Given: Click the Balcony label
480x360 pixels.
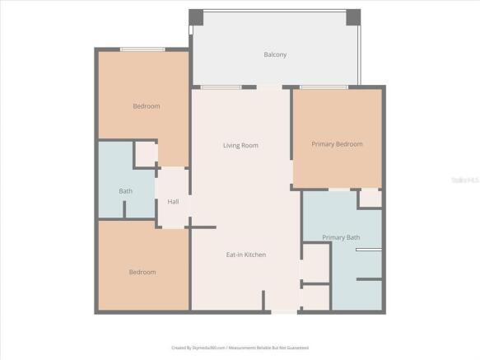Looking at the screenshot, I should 275,55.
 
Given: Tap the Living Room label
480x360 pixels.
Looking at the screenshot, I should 240,145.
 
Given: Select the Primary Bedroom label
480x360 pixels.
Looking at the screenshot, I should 337,144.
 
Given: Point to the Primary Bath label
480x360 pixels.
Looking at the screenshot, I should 341,237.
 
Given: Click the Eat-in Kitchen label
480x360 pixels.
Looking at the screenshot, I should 246,255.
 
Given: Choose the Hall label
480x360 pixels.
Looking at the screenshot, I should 173,202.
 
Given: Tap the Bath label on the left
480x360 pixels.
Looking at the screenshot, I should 125,191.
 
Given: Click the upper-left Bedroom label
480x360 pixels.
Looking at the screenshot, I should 147,106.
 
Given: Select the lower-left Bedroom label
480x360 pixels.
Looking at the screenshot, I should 142,272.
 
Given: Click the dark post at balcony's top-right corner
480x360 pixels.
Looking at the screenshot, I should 352,17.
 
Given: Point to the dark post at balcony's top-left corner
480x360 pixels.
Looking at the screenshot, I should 196,17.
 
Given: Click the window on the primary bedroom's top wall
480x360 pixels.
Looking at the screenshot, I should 324,86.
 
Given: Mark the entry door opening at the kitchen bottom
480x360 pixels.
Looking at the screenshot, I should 285,311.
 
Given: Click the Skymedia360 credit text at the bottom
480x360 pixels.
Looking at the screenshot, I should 240,348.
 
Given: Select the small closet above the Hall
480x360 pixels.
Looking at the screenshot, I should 147,154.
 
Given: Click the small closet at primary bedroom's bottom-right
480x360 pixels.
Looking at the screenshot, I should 370,199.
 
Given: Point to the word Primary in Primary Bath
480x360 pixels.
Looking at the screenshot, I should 333,237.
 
